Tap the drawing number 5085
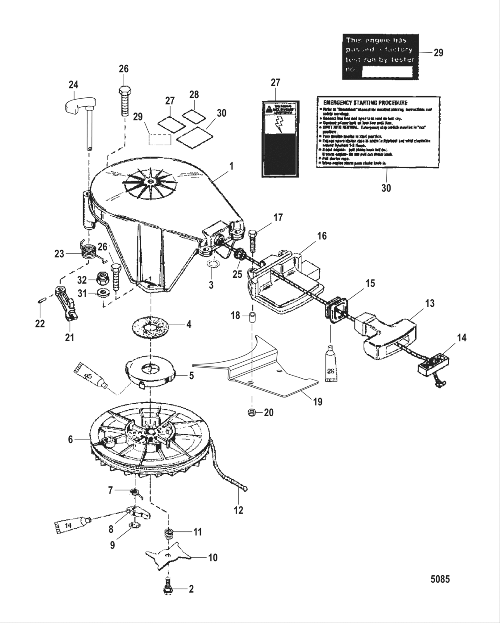click(x=440, y=579)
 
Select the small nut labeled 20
click(x=252, y=412)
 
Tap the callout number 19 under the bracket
click(x=317, y=401)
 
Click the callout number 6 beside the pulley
click(x=70, y=439)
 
